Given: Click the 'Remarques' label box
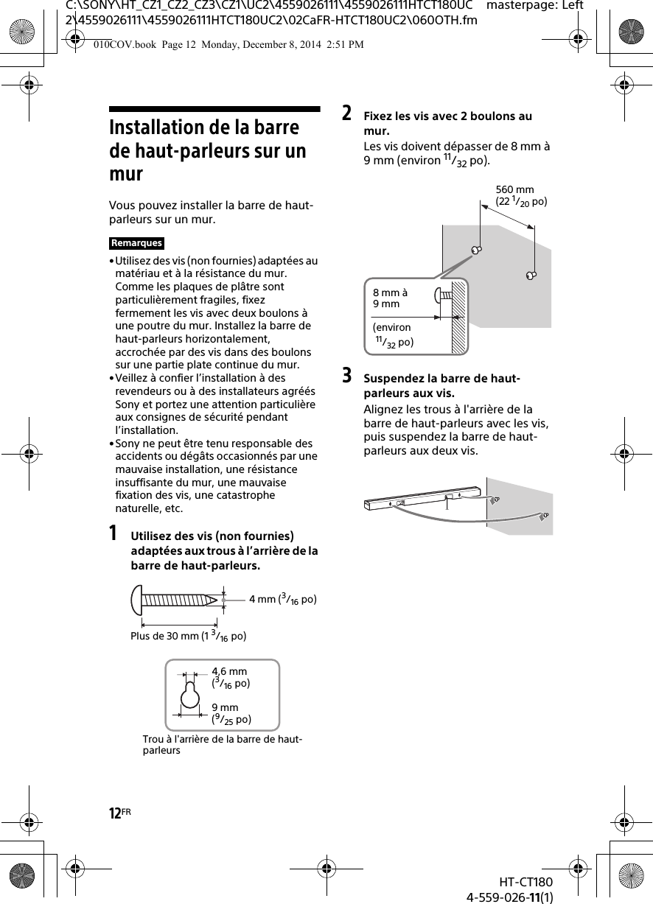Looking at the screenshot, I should pyautogui.click(x=136, y=243).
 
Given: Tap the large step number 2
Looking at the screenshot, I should pyautogui.click(x=346, y=114).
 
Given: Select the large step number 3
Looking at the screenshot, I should pyautogui.click(x=346, y=376).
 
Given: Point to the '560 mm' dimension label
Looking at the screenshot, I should pyautogui.click(x=515, y=190).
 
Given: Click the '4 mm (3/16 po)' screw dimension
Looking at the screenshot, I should pyautogui.click(x=282, y=599).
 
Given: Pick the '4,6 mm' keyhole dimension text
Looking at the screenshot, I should pyautogui.click(x=230, y=671).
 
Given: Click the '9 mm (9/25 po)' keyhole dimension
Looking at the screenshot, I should pyautogui.click(x=231, y=713).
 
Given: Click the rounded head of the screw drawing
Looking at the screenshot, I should pyautogui.click(x=137, y=600).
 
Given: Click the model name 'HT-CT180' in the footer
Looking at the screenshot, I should pyautogui.click(x=525, y=882).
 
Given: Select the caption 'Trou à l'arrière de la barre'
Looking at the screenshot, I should pyautogui.click(x=221, y=744).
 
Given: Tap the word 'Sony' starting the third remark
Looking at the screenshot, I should pyautogui.click(x=128, y=444).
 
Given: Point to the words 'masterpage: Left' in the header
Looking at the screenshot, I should pyautogui.click(x=536, y=6).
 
